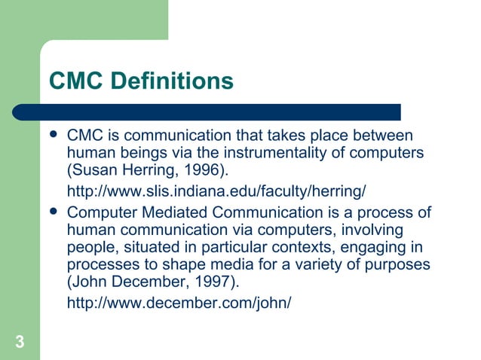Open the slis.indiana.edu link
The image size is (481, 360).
click(217, 188)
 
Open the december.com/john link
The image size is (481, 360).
click(179, 302)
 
